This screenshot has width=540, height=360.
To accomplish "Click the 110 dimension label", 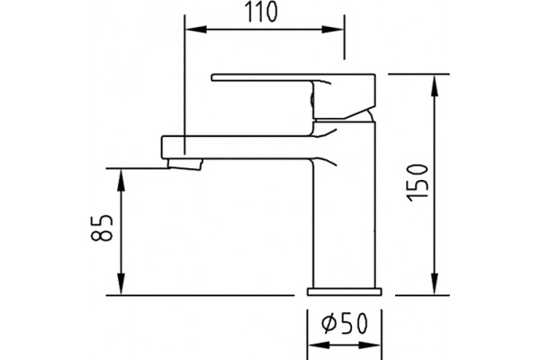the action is click(260, 13).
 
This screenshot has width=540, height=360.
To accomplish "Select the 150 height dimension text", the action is click(418, 183).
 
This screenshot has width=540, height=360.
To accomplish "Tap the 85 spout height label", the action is click(102, 228).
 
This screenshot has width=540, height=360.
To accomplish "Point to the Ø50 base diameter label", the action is click(345, 324).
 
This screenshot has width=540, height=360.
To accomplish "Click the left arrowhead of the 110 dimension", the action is click(196, 30).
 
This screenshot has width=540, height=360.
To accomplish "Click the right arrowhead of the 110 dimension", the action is click(333, 30).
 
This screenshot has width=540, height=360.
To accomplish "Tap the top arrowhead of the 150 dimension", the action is click(435, 85).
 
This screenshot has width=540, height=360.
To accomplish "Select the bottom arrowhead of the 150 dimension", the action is click(435, 283).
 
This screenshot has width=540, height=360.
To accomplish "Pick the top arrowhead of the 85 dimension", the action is click(121, 180).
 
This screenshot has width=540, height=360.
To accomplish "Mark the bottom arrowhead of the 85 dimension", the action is click(121, 283).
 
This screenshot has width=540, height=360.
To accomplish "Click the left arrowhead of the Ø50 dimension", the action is click(318, 346).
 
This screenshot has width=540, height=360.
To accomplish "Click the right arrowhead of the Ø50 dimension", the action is click(370, 346).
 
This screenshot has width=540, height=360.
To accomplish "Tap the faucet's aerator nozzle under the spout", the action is click(184, 164).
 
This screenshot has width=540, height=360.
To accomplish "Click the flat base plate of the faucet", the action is click(345, 292).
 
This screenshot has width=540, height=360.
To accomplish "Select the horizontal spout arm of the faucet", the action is click(238, 148).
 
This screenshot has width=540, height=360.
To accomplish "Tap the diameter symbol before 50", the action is click(329, 324).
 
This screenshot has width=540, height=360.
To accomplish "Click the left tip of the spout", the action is click(162, 148).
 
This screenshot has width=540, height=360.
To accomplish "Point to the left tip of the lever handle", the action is click(211, 77).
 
